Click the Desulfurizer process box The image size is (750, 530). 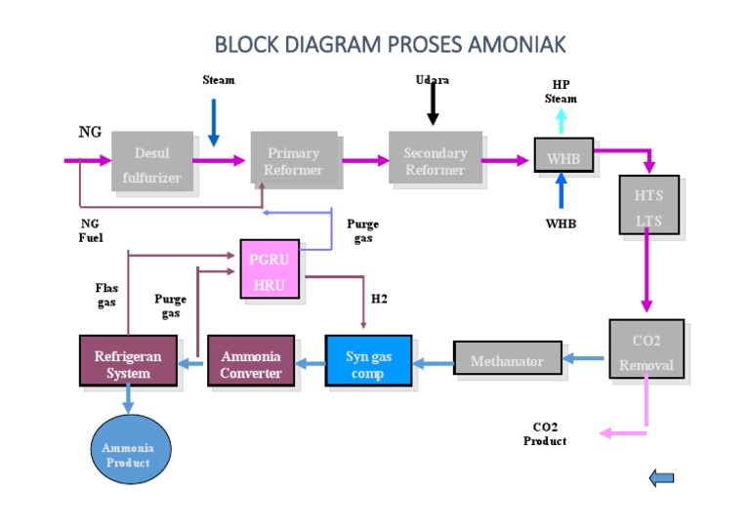(151, 162)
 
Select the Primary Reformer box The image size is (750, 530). (293, 160)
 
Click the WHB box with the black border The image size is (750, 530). (563, 156)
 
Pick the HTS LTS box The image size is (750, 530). (648, 206)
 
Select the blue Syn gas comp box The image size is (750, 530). (368, 362)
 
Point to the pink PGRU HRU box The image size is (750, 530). (270, 269)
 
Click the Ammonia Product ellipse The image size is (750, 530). (128, 454)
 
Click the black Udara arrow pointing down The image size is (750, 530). (433, 105)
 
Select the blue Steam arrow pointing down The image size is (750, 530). (214, 125)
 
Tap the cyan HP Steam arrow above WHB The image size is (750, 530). (562, 120)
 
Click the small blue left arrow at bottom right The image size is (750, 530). (661, 477)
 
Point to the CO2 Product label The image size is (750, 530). (545, 434)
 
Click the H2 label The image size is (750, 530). (379, 299)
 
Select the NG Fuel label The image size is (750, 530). (91, 229)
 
